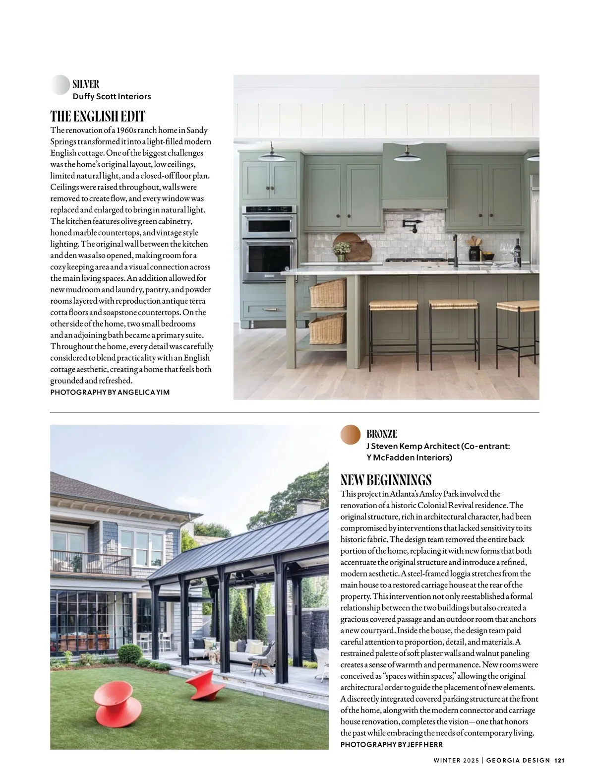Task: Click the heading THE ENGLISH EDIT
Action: point(98,117)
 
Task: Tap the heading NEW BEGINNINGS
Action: point(386,480)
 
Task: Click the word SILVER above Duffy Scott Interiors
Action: point(86,84)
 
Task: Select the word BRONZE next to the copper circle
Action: point(381,434)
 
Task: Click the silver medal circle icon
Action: point(60,85)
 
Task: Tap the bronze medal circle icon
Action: point(351,434)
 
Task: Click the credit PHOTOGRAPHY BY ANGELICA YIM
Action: point(110,392)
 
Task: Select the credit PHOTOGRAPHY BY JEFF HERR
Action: point(391,744)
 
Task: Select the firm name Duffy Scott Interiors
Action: point(112,96)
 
